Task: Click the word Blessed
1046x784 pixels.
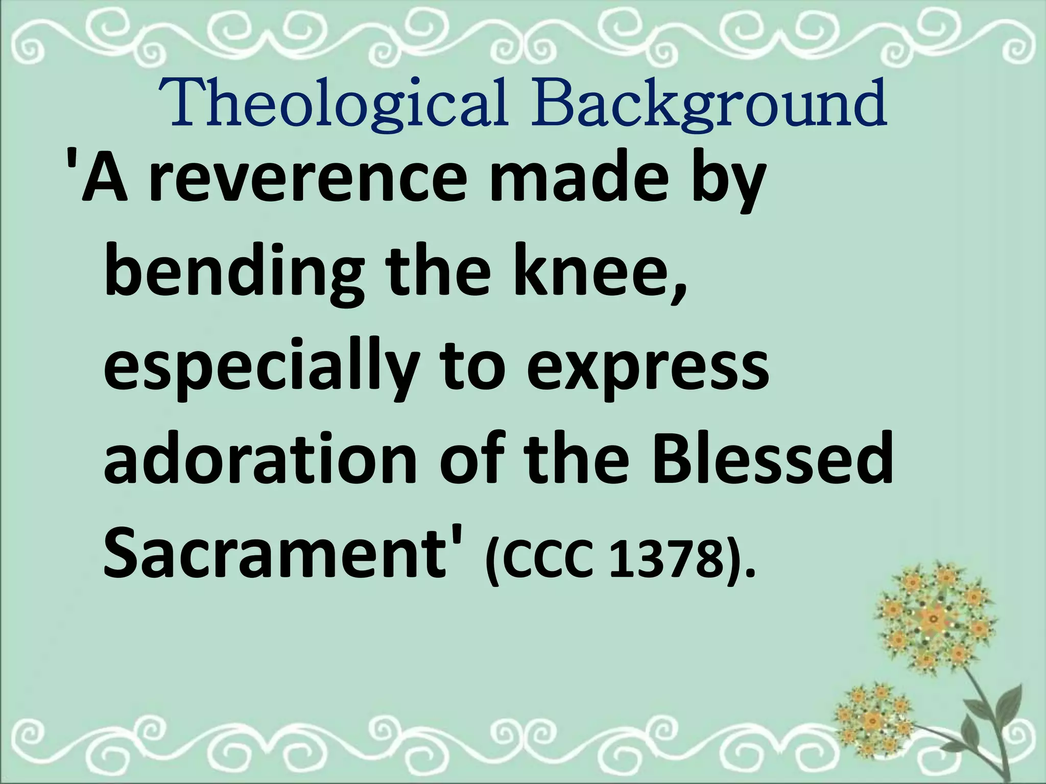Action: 771,459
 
